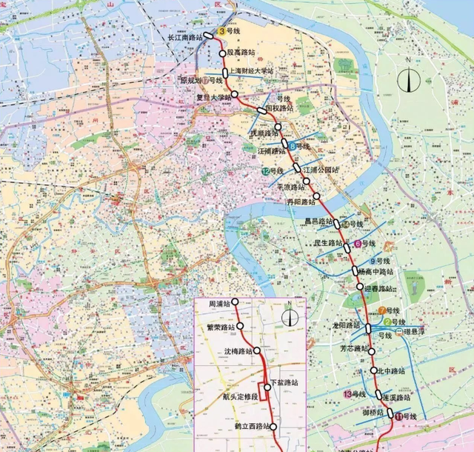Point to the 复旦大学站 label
pyautogui.click(x=213, y=95)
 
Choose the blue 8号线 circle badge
pyautogui.click(x=293, y=147)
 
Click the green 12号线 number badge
pyautogui.click(x=264, y=171)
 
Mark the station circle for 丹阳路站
pyautogui.click(x=317, y=196)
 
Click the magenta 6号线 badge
pyautogui.click(x=358, y=244)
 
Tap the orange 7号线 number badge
pyautogui.click(x=381, y=310)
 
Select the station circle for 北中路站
pyautogui.click(x=374, y=370)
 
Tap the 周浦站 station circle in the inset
pyautogui.click(x=234, y=302)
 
